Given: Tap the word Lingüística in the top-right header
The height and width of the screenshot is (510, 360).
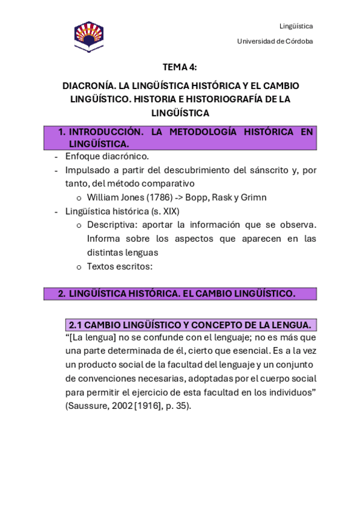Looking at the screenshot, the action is [296, 26].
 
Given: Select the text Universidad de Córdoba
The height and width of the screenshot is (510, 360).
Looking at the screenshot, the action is [275, 41].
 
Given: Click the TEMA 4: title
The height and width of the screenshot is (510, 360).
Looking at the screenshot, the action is [180, 67].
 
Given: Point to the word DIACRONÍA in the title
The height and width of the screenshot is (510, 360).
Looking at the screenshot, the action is [86, 86].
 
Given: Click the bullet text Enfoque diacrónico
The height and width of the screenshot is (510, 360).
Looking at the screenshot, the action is [106, 156].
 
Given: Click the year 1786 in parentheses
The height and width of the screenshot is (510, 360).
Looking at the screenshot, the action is [156, 197].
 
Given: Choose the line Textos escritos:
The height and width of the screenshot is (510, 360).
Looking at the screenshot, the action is [120, 266].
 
